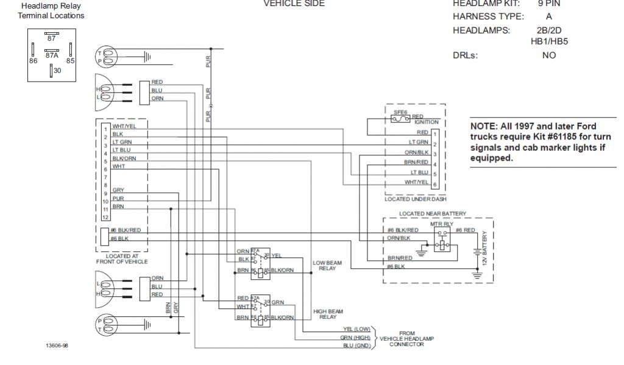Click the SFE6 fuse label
(400, 113)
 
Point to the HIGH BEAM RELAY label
(324, 314)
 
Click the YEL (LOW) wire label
(357, 329)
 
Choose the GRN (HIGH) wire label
(356, 337)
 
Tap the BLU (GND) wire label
(357, 346)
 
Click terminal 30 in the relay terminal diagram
(57, 71)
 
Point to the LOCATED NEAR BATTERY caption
(433, 214)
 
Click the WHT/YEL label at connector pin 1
(124, 126)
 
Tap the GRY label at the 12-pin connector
(118, 190)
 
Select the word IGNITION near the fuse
(427, 122)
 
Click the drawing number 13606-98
(57, 346)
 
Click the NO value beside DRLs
(548, 55)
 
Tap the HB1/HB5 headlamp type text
(549, 41)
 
